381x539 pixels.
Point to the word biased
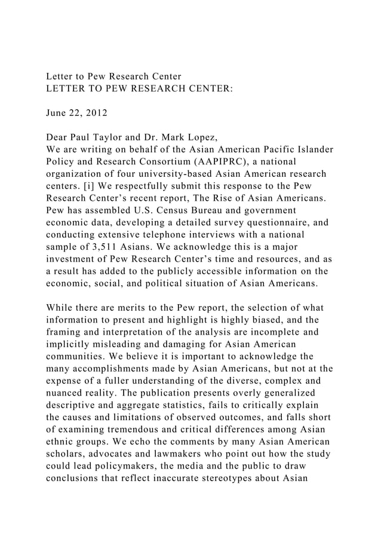(x=294, y=309)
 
